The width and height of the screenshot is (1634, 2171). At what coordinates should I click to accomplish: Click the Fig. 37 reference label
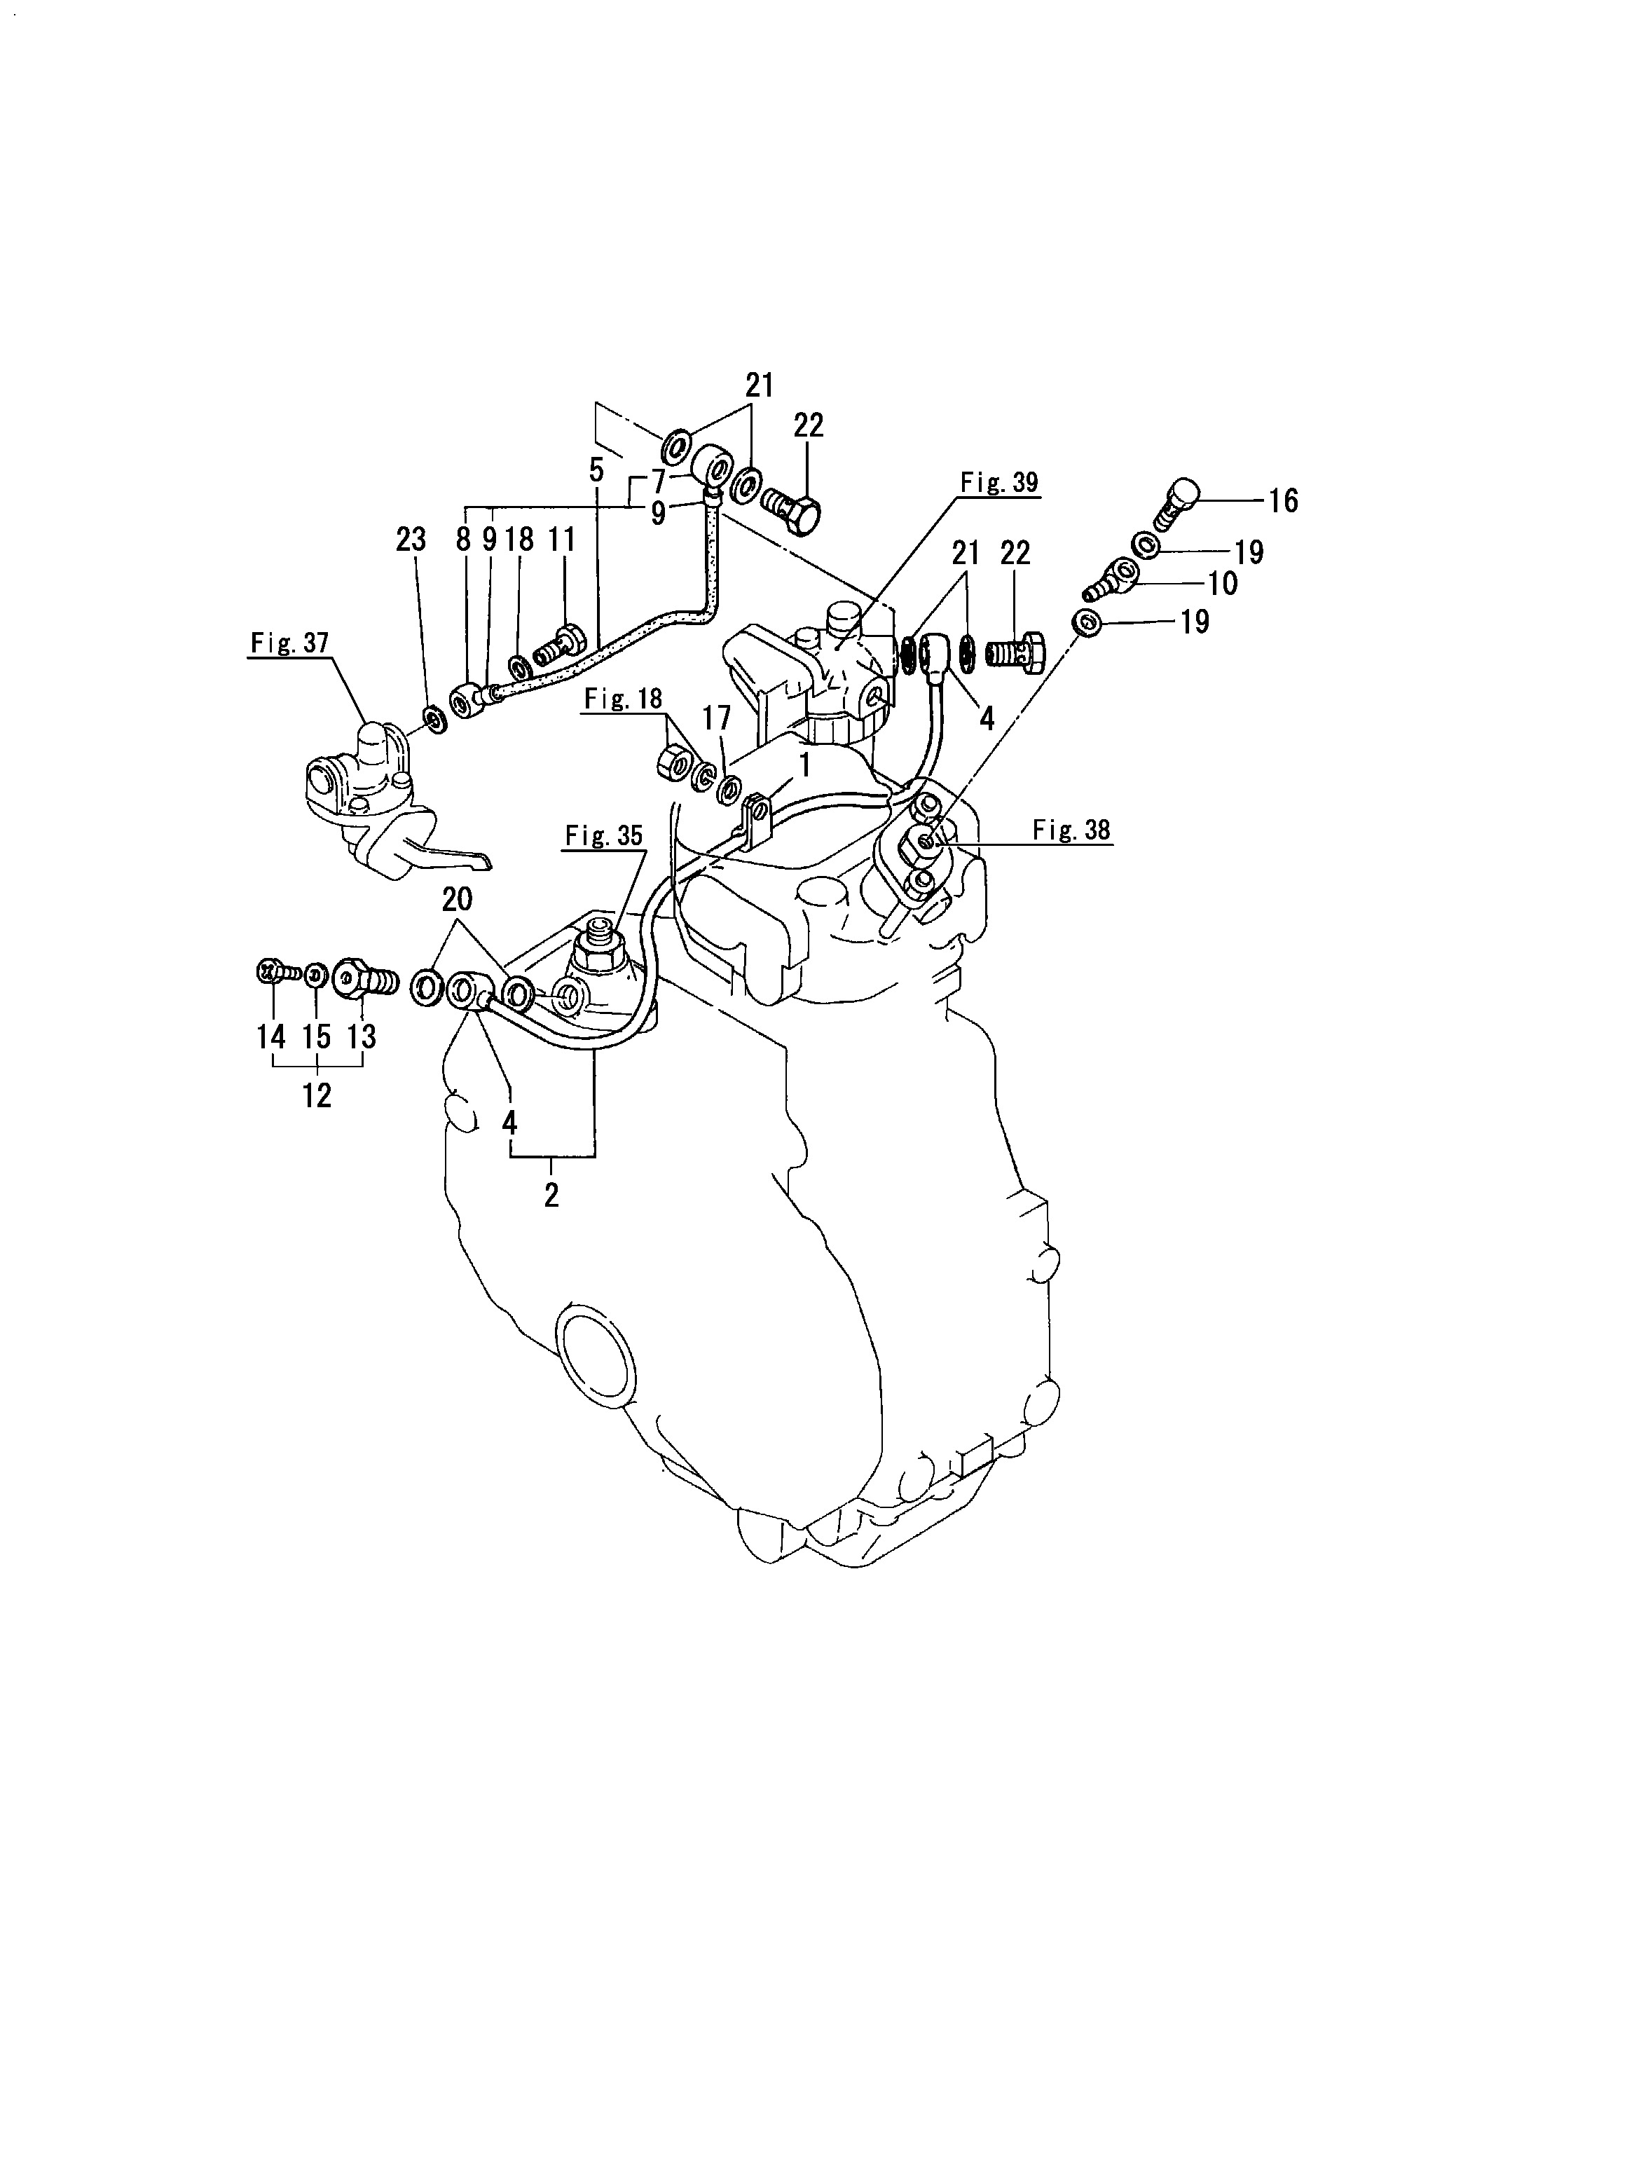(x=289, y=644)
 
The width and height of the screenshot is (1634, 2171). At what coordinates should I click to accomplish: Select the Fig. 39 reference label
(x=998, y=483)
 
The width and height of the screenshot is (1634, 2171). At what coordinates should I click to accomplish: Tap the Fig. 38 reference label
(x=1071, y=830)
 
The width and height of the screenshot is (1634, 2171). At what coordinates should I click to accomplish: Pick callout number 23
(x=411, y=539)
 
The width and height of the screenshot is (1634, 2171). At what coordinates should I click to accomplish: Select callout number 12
(x=316, y=1095)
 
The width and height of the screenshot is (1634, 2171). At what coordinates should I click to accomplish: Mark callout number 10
(x=1223, y=583)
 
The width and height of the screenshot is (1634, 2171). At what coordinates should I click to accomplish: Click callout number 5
(x=596, y=470)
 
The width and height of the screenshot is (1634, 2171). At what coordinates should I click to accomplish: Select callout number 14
(x=271, y=1036)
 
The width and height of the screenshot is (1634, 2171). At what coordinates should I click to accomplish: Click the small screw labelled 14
(x=277, y=973)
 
